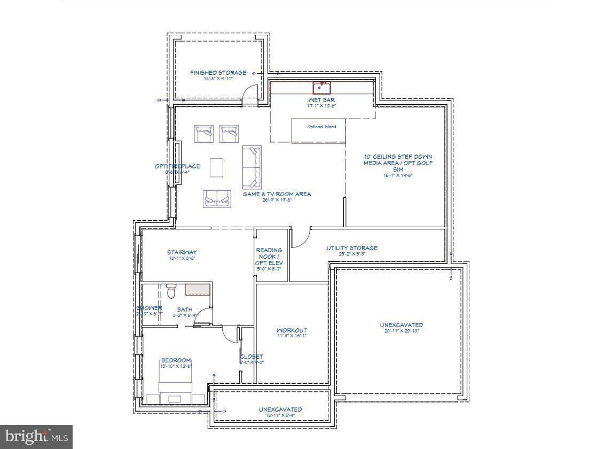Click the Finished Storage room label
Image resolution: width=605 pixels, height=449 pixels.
coord(218,73)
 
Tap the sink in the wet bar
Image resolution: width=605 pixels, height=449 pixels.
coord(321,87)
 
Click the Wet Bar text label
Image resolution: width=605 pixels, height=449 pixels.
coord(321,100)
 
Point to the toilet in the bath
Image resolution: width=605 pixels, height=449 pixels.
coord(171,291)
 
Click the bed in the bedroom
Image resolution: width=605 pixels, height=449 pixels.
coord(176,381)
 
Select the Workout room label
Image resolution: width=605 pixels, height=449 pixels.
coord(292,330)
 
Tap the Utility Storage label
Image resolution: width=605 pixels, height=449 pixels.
coord(352,248)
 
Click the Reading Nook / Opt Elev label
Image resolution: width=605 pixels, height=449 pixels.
coord(269,257)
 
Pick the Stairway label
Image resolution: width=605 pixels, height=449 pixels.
coord(182,252)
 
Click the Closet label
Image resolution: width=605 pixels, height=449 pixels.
coord(251,357)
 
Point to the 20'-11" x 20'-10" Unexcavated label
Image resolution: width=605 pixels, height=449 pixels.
coord(401,325)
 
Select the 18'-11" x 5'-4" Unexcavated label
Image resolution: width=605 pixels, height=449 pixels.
coord(280,409)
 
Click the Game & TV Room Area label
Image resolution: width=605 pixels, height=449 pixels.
coord(277,194)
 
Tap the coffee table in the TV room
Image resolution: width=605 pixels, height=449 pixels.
coord(217,167)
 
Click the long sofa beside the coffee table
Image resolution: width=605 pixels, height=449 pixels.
coord(252,167)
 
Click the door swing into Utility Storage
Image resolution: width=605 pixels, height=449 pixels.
coord(300,238)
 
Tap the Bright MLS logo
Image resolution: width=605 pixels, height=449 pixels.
coord(36,437)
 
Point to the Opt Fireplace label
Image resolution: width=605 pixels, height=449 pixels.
coord(177,166)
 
